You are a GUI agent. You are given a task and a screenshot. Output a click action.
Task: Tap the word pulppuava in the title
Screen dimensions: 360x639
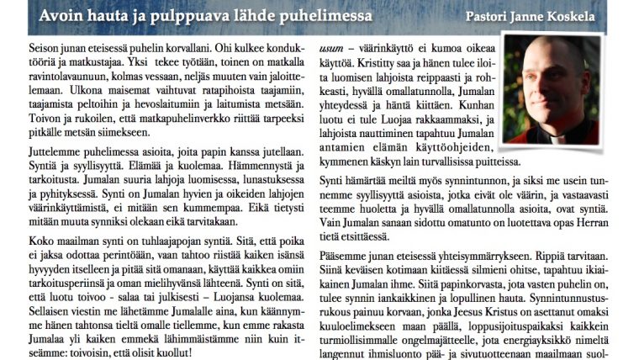tap(185, 16)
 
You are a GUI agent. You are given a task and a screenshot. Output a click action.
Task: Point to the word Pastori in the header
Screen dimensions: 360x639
tap(488, 17)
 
